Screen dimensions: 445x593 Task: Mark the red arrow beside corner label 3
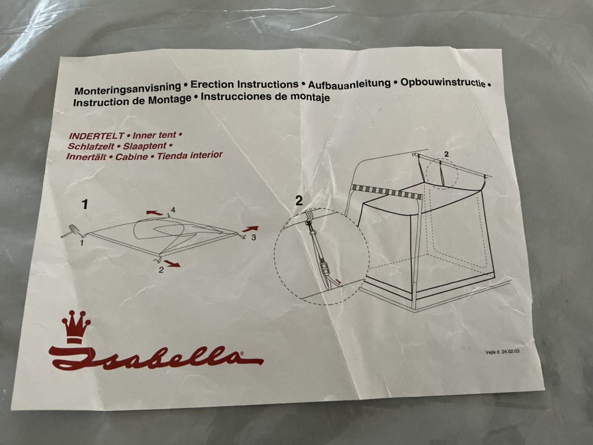coord(250,229)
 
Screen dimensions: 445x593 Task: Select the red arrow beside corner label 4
coord(154,213)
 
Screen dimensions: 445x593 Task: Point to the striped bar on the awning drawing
coord(386,191)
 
